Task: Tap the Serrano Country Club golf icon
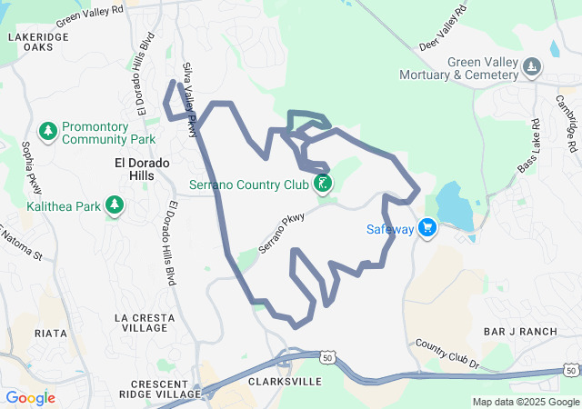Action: pyautogui.click(x=321, y=185)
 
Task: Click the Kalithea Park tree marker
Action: pyautogui.click(x=114, y=206)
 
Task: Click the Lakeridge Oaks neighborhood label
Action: pyautogui.click(x=37, y=41)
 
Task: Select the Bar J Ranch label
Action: pyautogui.click(x=520, y=332)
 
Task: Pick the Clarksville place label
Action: pyautogui.click(x=285, y=383)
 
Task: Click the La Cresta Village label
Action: pyautogui.click(x=144, y=323)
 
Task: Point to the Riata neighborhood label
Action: pyautogui.click(x=50, y=334)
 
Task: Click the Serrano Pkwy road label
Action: pyautogui.click(x=280, y=234)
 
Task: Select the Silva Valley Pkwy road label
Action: pyautogui.click(x=189, y=100)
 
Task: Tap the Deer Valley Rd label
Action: pyautogui.click(x=443, y=29)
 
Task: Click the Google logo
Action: pyautogui.click(x=30, y=397)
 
